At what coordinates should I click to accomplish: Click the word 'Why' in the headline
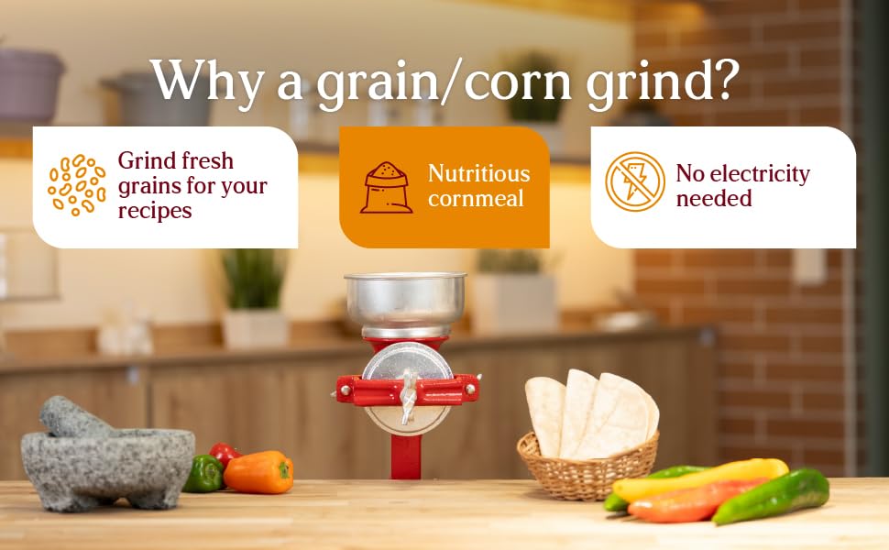(x=207, y=80)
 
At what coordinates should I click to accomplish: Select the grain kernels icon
(x=77, y=185)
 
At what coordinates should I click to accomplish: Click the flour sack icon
(x=386, y=188)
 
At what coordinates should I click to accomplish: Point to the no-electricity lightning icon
(x=634, y=181)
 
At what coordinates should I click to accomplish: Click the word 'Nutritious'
(x=479, y=173)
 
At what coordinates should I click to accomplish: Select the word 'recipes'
(x=155, y=212)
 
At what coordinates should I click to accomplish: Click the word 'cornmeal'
(x=476, y=198)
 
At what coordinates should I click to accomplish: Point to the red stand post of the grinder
(x=406, y=456)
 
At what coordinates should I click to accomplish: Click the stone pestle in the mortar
(x=72, y=417)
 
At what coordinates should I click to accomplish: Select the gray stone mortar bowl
(x=108, y=467)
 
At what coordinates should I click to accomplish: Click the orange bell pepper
(x=258, y=472)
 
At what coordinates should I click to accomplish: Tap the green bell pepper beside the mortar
(x=203, y=473)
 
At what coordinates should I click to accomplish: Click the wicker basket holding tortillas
(x=587, y=467)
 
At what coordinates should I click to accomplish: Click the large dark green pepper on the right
(x=771, y=496)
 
